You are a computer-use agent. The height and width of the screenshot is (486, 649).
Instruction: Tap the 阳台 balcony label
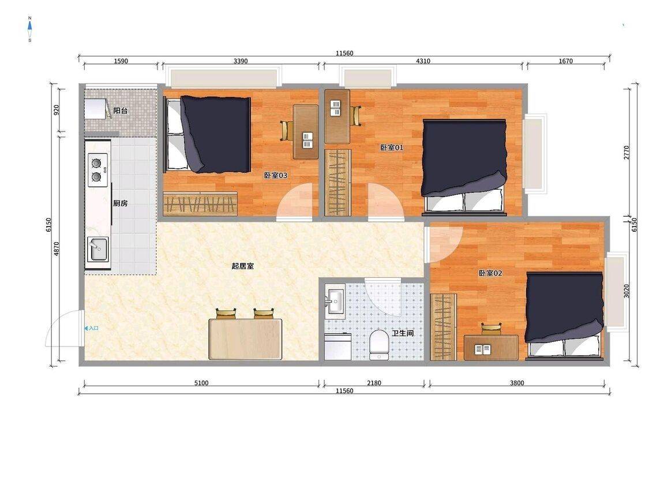(x=121, y=111)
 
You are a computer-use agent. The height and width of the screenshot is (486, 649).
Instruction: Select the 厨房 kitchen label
(x=121, y=203)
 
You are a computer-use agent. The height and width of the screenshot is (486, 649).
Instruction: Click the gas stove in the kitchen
(x=98, y=169)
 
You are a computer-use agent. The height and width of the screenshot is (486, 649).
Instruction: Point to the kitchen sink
(x=97, y=249)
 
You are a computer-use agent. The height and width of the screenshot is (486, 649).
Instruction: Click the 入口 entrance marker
(x=92, y=328)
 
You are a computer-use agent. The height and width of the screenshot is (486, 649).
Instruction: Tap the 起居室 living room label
(x=242, y=266)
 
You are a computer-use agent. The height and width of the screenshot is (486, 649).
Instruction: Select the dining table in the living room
(x=245, y=339)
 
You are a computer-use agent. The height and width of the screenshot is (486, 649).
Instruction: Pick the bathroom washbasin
(x=335, y=298)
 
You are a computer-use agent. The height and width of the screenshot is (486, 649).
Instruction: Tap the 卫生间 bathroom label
(x=403, y=333)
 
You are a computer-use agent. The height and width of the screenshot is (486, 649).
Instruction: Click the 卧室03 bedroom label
(x=276, y=175)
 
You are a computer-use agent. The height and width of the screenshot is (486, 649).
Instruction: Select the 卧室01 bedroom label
(x=392, y=147)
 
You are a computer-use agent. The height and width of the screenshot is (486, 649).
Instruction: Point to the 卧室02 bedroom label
(x=490, y=273)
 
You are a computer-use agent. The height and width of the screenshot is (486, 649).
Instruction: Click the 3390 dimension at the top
(x=241, y=61)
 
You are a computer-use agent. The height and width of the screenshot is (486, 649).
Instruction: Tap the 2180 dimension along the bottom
(x=374, y=383)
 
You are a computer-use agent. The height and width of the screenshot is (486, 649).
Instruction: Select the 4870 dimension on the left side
(x=57, y=248)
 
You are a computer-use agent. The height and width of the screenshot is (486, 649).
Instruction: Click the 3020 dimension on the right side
(x=627, y=291)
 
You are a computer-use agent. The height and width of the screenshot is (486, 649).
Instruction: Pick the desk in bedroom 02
(x=491, y=348)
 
